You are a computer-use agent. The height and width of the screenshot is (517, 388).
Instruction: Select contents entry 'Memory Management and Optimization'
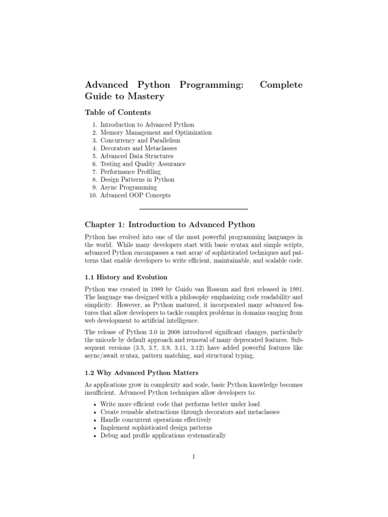point(156,133)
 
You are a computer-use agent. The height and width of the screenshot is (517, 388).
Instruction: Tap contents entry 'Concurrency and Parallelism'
point(140,141)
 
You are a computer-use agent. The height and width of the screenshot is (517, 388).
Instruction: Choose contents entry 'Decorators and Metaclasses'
point(138,148)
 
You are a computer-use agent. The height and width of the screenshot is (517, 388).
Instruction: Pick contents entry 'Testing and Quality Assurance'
point(143,164)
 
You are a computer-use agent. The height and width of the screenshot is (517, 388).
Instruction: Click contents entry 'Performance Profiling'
point(131,172)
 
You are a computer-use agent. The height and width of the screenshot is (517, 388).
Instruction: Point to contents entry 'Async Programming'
point(128,187)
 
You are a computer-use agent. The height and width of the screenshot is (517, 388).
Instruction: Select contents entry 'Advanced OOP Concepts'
point(135,195)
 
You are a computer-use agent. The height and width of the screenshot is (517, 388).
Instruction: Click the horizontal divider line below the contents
point(193,209)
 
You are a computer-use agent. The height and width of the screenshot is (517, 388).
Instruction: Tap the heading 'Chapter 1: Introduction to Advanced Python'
point(170,224)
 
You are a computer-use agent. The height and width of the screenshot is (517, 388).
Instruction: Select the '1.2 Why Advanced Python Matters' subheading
point(137,373)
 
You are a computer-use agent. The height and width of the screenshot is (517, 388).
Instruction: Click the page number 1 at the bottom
point(193,457)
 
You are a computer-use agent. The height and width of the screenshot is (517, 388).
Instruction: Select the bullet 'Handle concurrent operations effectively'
point(156,420)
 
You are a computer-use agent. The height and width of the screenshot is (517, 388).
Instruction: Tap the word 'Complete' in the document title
point(281,84)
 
